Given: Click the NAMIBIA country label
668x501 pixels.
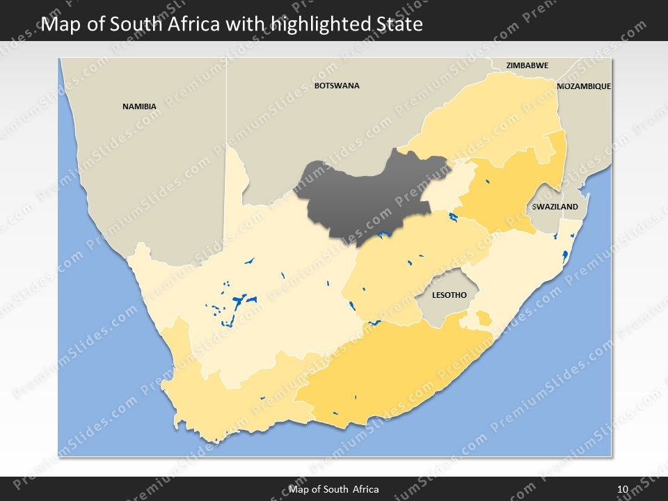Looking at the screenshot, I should pos(139,106).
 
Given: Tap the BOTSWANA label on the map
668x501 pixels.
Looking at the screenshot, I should pos(337,86).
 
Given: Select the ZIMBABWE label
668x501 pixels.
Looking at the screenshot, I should pos(527,65).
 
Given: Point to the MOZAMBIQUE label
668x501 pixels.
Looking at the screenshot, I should pos(584,86).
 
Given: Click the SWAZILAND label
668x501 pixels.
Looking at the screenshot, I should pos(555,207).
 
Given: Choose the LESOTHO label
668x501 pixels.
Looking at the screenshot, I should pos(449,295).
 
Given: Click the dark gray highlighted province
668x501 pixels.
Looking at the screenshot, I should pos(369,195).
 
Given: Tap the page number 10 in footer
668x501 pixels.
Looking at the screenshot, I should pos(622,489).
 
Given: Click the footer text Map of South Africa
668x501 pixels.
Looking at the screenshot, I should pos(334,489).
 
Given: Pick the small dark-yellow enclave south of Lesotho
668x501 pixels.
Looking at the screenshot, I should pos(483,319).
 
